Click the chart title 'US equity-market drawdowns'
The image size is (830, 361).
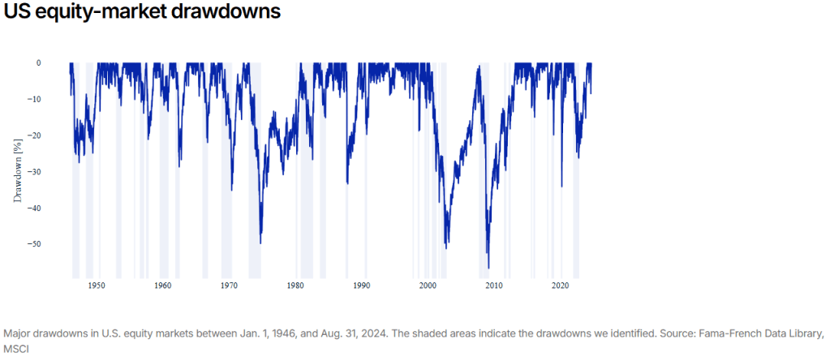click(x=143, y=14)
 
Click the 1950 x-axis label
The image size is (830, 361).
click(x=97, y=286)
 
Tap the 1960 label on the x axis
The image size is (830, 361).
click(x=162, y=286)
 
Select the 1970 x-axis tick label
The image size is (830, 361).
click(x=229, y=286)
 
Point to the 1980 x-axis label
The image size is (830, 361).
click(x=295, y=286)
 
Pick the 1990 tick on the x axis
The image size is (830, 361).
click(x=361, y=286)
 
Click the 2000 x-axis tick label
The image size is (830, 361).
click(x=428, y=286)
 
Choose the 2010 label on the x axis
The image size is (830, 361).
click(x=493, y=286)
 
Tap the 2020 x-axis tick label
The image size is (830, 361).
click(x=560, y=286)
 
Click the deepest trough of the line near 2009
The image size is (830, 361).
click(x=488, y=267)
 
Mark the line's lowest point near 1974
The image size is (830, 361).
click(x=260, y=243)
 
